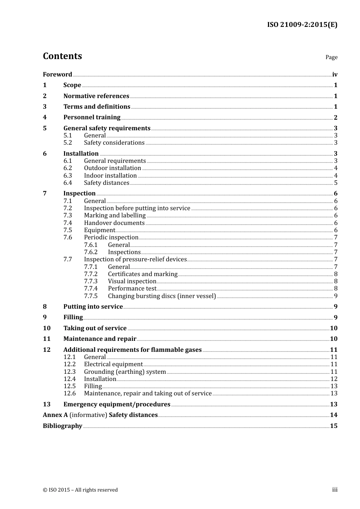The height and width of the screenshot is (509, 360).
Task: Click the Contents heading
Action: [62, 56]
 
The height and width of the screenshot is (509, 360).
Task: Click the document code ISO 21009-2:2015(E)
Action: [302, 25]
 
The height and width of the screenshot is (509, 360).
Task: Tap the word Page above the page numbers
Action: [331, 57]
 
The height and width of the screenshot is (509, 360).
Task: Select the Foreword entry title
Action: [57, 74]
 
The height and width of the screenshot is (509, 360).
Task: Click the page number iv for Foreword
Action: [335, 74]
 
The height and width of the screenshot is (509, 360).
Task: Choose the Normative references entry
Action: [96, 96]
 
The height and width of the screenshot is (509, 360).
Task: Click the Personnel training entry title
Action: [92, 117]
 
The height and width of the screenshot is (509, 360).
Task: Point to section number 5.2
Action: [67, 143]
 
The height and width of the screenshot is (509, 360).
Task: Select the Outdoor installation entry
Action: [113, 168]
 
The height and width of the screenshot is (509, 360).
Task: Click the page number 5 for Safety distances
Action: [336, 183]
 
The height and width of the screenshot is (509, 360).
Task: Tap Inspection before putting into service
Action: [137, 208]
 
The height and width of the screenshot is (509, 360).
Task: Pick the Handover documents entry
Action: [114, 223]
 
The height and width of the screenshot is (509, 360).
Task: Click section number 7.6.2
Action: [91, 252]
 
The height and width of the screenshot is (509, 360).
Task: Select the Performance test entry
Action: [132, 289]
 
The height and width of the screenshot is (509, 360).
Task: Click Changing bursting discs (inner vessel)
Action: [162, 296]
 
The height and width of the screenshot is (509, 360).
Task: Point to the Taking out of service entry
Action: [95, 328]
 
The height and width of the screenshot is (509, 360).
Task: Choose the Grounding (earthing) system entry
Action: [125, 372]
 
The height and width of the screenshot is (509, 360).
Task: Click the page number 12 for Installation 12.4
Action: [334, 379]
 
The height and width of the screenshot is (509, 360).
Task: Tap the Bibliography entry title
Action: [63, 426]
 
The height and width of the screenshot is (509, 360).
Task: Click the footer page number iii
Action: [335, 490]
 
